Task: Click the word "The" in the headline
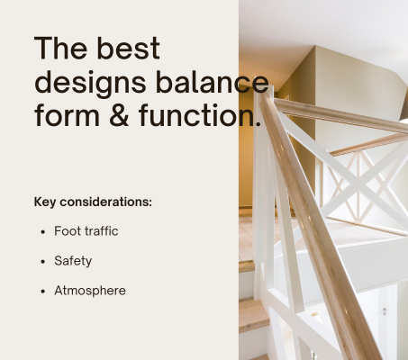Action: pos(61,48)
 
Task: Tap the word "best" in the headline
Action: pos(129,48)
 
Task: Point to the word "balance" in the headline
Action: pos(212,82)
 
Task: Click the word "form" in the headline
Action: pos(67,115)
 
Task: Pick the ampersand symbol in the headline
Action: pos(119,115)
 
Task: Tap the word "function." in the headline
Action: pos(200,115)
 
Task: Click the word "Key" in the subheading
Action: pos(45,202)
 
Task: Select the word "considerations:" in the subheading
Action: pos(106,202)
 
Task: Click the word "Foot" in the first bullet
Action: pos(68,231)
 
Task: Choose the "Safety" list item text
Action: pos(73,261)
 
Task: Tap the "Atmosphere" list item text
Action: pos(90,291)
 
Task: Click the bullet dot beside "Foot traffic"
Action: pos(43,232)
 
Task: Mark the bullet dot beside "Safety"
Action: pos(43,262)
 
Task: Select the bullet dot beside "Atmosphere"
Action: pos(43,292)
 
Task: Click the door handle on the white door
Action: pos(384,311)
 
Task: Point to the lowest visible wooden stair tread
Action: pos(254,316)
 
